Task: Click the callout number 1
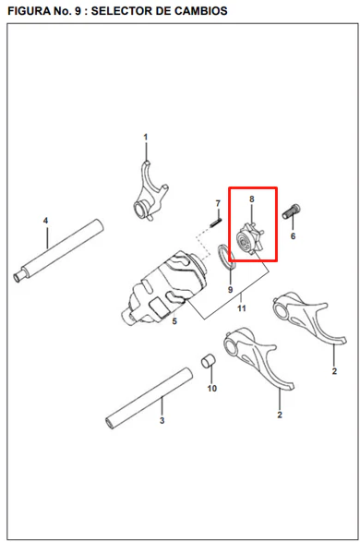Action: click(146, 138)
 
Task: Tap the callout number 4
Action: click(45, 221)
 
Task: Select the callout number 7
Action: click(218, 203)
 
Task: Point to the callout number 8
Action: click(251, 199)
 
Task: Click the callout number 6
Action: click(293, 236)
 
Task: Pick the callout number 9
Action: click(231, 290)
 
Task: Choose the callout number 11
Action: click(242, 308)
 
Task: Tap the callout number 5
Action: click(174, 321)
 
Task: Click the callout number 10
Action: click(211, 389)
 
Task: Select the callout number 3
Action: click(162, 421)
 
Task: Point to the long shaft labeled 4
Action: click(58, 251)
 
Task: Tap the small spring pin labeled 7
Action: click(216, 223)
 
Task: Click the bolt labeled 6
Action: click(292, 211)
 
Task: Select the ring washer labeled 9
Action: click(226, 257)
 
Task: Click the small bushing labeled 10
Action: click(208, 360)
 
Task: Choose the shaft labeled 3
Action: click(149, 398)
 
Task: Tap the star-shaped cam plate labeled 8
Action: click(250, 238)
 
